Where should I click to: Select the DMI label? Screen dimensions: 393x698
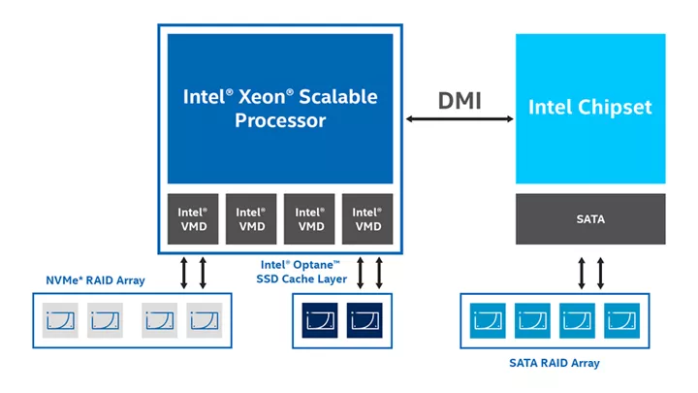(x=460, y=99)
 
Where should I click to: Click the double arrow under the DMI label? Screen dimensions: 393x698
(x=460, y=119)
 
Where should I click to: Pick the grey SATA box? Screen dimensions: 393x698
(x=590, y=219)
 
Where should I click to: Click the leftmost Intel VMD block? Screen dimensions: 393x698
(x=193, y=219)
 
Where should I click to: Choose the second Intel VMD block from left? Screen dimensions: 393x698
(x=251, y=219)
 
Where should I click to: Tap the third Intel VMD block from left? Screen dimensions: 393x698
(x=309, y=219)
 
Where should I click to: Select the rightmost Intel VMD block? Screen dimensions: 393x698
(x=367, y=219)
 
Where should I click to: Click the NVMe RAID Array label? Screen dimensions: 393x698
(x=96, y=280)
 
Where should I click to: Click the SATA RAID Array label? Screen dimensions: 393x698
(x=555, y=363)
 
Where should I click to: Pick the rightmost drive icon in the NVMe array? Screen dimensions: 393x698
(x=204, y=318)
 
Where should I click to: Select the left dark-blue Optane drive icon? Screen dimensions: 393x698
(x=321, y=318)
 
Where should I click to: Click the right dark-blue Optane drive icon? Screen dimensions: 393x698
(x=365, y=318)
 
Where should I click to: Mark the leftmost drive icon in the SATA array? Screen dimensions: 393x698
(x=488, y=318)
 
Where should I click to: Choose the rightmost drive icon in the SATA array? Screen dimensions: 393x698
(x=620, y=318)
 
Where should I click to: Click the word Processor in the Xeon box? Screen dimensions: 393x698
(x=280, y=121)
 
